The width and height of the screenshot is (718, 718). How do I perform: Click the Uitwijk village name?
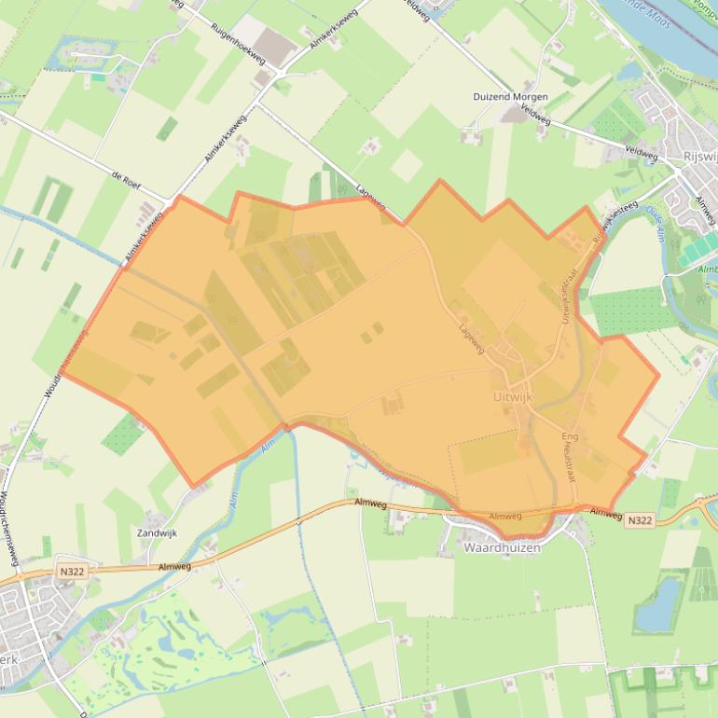tap(512, 396)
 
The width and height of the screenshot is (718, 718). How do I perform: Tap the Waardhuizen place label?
tap(502, 548)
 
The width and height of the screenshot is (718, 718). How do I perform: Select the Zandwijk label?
tap(157, 533)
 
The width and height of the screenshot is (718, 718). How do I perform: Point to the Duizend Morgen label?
tap(510, 97)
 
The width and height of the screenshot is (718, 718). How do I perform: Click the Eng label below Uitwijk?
tap(570, 436)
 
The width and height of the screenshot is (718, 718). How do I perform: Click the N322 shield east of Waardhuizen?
tap(639, 520)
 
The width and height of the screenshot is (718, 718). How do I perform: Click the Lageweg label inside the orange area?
tap(472, 338)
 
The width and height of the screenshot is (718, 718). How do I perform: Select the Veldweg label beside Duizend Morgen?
tap(536, 120)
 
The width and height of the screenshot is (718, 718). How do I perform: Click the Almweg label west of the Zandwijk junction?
tap(174, 566)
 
